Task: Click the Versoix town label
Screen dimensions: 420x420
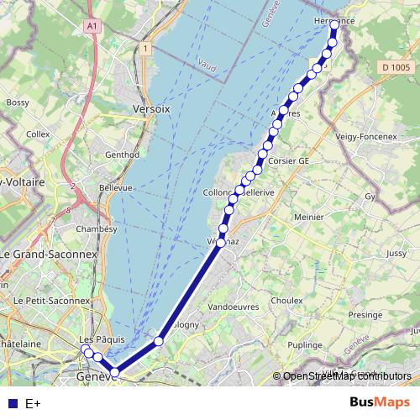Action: click(151, 109)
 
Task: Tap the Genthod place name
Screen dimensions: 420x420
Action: click(122, 155)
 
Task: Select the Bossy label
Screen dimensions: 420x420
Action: click(18, 102)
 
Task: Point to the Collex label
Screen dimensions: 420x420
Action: click(38, 134)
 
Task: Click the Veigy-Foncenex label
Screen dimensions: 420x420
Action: click(370, 136)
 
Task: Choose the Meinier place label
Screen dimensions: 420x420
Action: click(308, 217)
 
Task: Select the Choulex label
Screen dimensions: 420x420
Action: click(286, 300)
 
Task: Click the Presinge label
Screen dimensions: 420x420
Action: click(365, 315)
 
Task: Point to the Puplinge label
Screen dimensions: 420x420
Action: click(305, 344)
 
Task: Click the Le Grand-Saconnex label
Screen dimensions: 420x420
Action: click(49, 253)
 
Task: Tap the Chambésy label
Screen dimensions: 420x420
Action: click(91, 228)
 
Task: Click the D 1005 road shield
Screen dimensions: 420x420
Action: click(394, 67)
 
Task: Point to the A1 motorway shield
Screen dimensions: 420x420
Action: click(92, 26)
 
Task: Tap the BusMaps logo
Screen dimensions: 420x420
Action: click(380, 402)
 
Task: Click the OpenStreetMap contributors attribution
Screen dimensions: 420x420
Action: click(347, 376)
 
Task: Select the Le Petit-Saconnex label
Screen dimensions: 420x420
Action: click(45, 300)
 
